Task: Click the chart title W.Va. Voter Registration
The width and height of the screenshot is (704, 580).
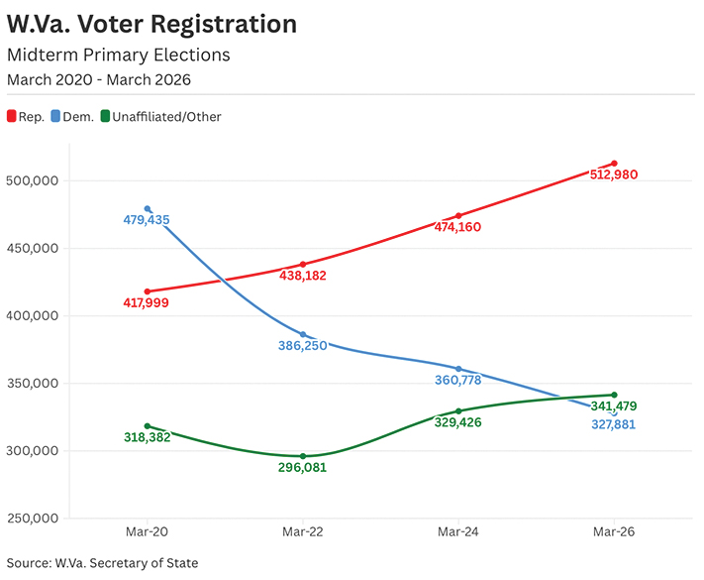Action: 151,24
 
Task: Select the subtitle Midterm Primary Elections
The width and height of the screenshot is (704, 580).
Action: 118,55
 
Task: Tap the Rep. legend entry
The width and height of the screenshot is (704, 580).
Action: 33,117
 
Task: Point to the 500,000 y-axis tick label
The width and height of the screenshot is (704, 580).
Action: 35,180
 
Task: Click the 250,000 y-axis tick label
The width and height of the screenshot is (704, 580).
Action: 35,519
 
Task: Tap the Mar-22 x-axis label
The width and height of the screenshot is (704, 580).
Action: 303,532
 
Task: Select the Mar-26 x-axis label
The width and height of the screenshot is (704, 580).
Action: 614,532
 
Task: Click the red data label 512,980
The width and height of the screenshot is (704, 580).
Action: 612,175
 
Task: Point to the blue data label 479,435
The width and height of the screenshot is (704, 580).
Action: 147,220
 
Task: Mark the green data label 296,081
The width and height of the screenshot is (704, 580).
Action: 302,468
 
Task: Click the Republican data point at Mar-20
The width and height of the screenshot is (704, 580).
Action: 148,291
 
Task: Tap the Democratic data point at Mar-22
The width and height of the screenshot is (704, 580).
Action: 303,335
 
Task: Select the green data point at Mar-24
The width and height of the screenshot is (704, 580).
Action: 458,410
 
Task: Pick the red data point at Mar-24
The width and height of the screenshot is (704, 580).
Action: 458,215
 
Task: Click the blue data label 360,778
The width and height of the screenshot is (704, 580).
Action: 457,380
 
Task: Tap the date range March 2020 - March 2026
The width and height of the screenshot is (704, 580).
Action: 98,78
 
